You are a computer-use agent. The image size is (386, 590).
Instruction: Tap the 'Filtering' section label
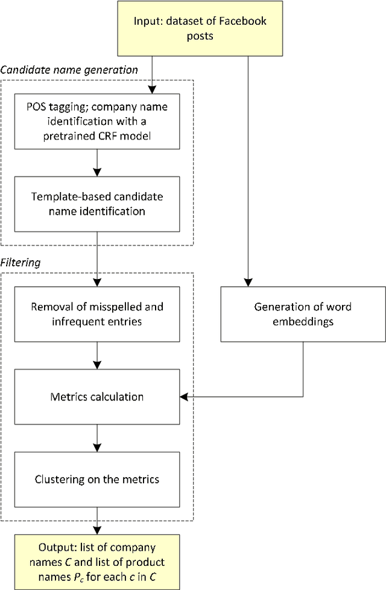pyautogui.click(x=20, y=263)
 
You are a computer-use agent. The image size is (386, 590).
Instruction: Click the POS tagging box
pyautogui.click(x=97, y=121)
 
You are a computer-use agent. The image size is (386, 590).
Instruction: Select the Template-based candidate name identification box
pyautogui.click(x=97, y=204)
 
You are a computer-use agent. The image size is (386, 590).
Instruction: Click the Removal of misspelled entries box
pyautogui.click(x=97, y=314)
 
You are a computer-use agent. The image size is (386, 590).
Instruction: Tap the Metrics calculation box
pyautogui.click(x=97, y=397)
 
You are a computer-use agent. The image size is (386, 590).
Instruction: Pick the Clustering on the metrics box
pyautogui.click(x=97, y=479)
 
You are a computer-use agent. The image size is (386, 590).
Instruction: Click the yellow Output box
pyautogui.click(x=97, y=561)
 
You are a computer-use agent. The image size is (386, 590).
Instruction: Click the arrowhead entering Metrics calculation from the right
pyautogui.click(x=183, y=397)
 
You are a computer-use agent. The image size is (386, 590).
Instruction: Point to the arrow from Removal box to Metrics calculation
pyautogui.click(x=97, y=355)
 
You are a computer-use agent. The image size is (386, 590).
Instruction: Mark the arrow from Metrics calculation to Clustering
pyautogui.click(x=97, y=438)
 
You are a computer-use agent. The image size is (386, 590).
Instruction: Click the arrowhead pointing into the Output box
pyautogui.click(x=97, y=530)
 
